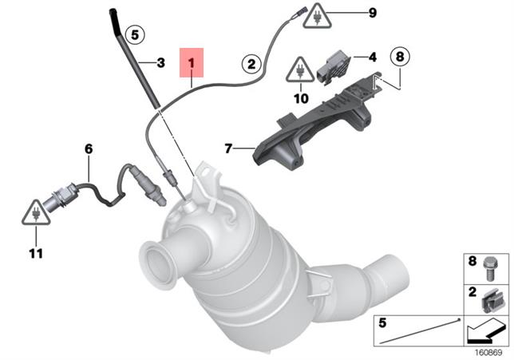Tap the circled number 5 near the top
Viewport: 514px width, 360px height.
pos(135,34)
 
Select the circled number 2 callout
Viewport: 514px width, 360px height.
pos(251,63)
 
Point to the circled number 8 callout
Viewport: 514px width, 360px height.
pos(399,57)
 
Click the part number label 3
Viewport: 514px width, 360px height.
pos(161,62)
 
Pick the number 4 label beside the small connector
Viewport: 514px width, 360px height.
pos(372,57)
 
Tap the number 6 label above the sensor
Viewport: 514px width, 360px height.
pos(88,148)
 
